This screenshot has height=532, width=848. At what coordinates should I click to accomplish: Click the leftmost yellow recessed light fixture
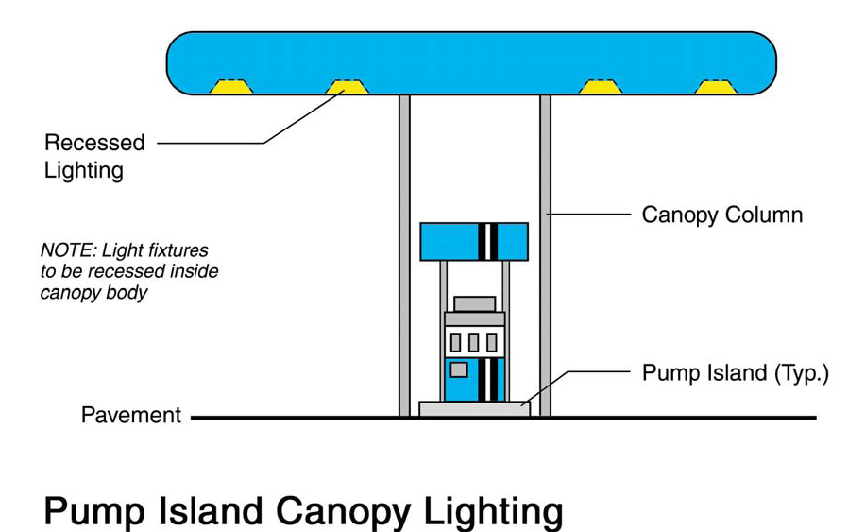[230, 87]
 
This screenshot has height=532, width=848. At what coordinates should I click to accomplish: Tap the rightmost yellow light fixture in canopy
[716, 87]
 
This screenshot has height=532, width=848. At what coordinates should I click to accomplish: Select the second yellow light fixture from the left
[347, 87]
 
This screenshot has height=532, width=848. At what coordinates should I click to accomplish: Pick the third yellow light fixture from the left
[600, 87]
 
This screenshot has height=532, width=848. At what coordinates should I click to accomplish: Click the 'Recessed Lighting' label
[93, 156]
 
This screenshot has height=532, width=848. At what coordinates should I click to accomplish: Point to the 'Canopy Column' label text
[721, 215]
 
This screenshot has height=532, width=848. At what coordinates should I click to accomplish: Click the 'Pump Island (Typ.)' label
[735, 372]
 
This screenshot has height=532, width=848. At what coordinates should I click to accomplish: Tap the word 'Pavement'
[131, 415]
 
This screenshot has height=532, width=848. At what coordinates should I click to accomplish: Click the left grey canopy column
[405, 255]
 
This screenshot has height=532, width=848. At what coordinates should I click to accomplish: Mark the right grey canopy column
[545, 255]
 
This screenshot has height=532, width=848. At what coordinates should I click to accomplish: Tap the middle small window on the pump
[474, 341]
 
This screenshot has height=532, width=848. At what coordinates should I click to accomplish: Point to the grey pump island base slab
[474, 409]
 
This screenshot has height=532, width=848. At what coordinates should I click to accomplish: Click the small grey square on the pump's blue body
[458, 369]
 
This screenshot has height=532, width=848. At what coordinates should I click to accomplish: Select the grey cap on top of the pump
[474, 303]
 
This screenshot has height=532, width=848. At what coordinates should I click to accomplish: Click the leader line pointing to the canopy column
[590, 215]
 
